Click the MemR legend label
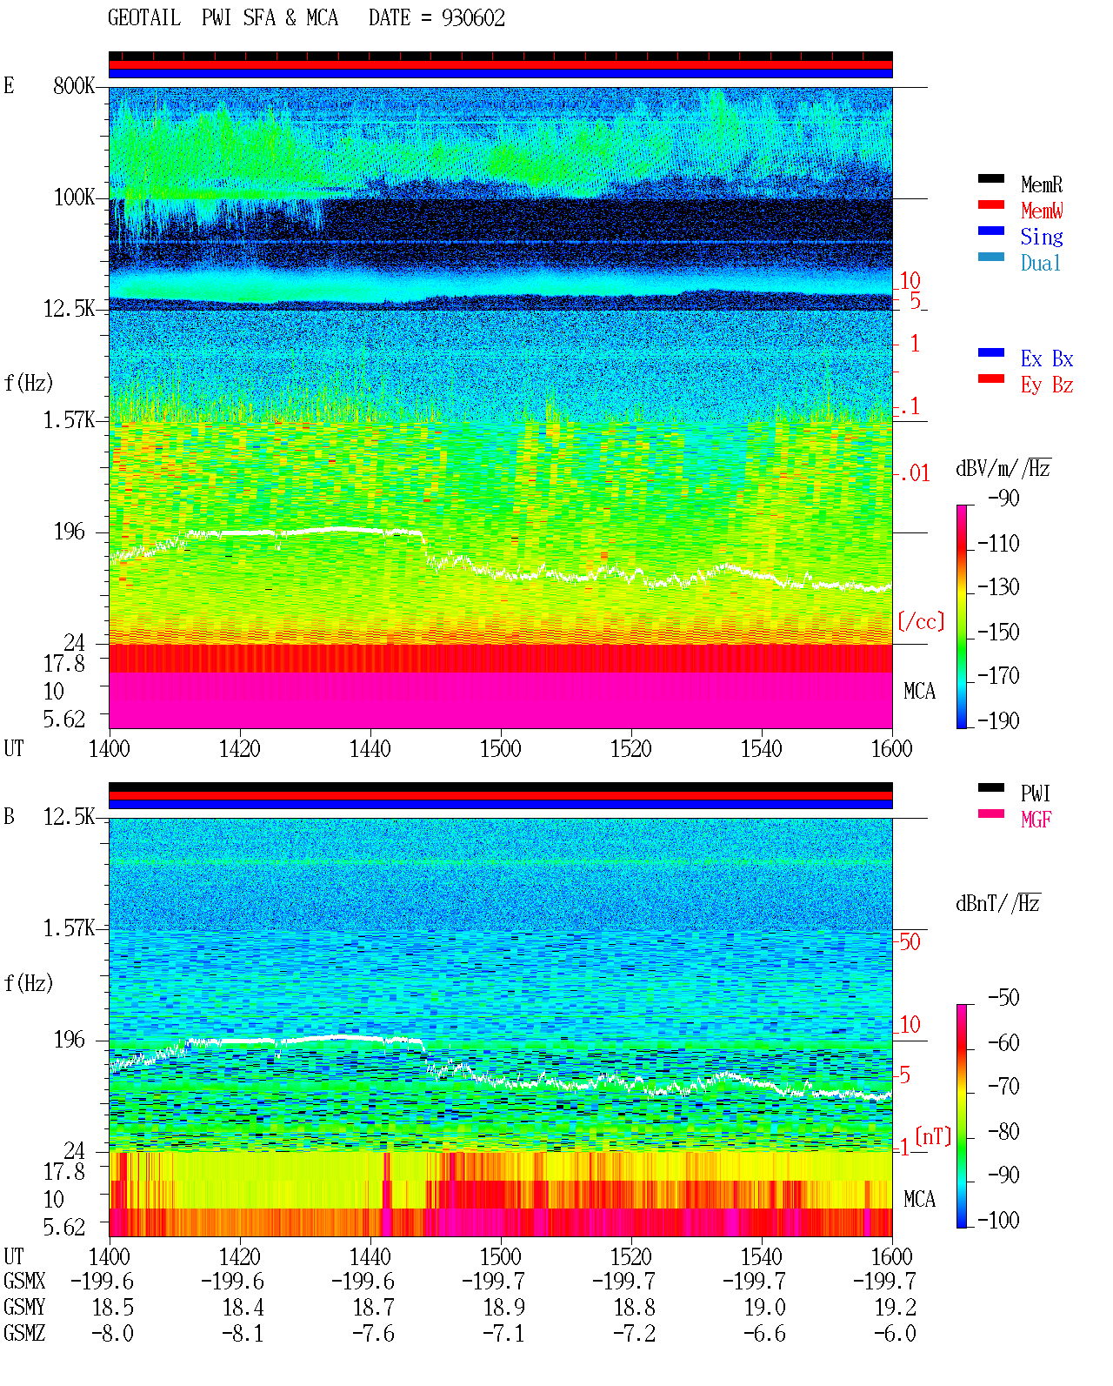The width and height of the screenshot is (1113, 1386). tap(1041, 184)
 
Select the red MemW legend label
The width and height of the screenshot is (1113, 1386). tap(1042, 211)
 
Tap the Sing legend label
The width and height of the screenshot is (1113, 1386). tap(1041, 237)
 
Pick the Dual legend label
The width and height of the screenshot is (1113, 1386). tap(1041, 263)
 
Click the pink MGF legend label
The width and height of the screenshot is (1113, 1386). tap(1036, 820)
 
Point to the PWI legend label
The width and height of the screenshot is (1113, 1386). tap(1035, 793)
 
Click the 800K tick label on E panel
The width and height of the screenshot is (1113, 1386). tap(74, 85)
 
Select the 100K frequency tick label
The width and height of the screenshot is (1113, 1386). tap(74, 198)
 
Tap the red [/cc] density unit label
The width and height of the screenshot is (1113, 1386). tap(921, 621)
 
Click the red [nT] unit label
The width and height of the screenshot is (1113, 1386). tap(933, 1136)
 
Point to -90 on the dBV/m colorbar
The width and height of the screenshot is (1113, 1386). tap(1003, 499)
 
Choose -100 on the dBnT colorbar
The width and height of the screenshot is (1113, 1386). tap(998, 1220)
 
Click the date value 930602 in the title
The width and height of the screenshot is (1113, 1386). tap(473, 18)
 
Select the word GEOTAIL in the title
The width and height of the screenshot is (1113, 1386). tap(144, 18)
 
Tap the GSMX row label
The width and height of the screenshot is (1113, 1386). tap(24, 1281)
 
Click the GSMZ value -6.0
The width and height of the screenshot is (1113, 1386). tap(895, 1333)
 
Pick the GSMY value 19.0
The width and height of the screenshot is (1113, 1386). tap(764, 1308)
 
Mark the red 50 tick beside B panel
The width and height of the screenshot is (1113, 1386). tap(910, 942)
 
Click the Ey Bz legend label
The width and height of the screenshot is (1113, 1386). tap(1047, 385)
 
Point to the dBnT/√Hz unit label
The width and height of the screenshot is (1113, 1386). tap(998, 903)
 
